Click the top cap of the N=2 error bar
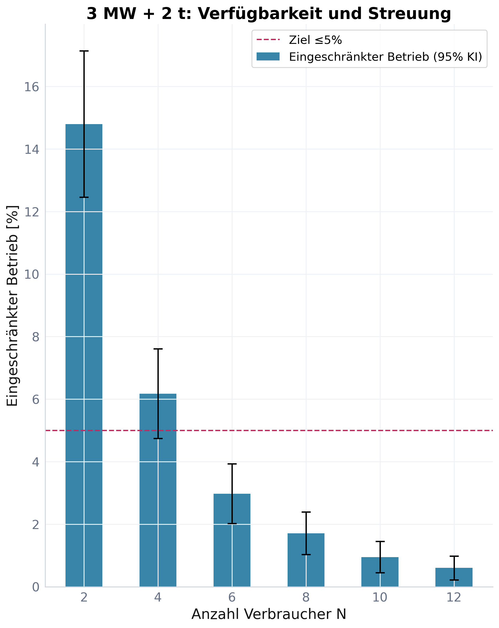(84, 51)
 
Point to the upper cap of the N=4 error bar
(158, 349)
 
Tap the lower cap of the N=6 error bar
(232, 523)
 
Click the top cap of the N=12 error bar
(454, 556)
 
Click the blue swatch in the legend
(268, 56)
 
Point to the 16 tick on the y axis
(32, 87)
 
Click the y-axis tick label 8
(35, 337)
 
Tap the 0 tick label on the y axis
(35, 587)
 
